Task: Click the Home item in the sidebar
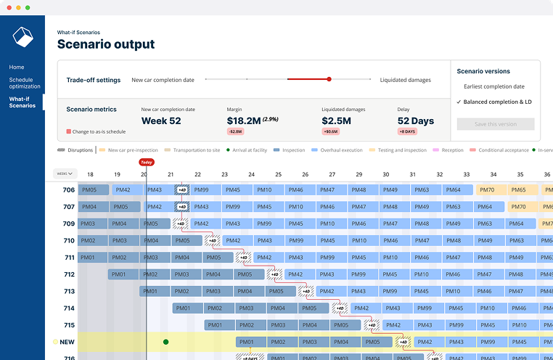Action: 17,67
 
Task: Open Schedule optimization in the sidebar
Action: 21,82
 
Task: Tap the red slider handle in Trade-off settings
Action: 329,79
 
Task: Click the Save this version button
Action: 495,124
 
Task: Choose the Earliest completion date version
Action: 493,86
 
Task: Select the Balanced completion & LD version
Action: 497,102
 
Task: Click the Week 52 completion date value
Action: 161,120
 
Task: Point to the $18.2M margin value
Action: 247,120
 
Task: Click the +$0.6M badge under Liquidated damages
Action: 330,132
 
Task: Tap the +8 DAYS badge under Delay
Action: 407,132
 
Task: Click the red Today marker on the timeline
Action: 147,163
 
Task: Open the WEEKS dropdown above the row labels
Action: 65,174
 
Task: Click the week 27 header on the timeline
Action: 332,174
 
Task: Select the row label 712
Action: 69,274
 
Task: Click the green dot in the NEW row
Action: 165,342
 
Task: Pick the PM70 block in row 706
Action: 487,189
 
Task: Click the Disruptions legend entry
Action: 75,150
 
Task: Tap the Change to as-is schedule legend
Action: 97,132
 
